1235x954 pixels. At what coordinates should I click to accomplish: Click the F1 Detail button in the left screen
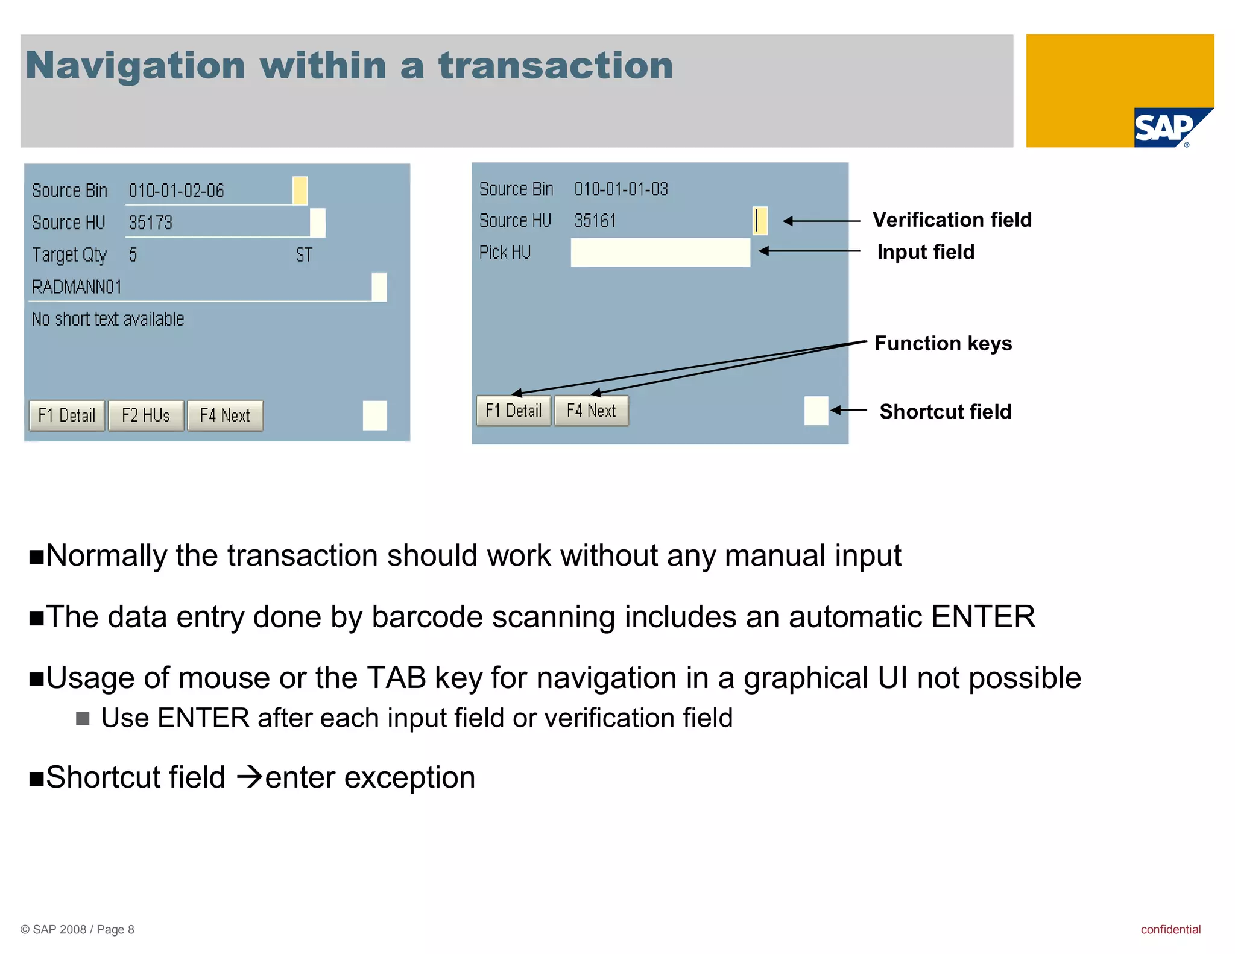pos(67,415)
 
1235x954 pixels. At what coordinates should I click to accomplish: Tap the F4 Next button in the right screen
pos(591,411)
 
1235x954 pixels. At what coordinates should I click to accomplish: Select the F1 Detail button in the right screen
pos(514,411)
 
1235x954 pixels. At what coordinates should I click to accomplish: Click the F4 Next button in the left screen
pos(225,415)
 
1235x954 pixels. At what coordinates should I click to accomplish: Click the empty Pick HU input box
pos(660,252)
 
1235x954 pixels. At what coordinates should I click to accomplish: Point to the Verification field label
pos(952,220)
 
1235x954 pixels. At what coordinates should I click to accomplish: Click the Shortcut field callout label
pos(945,411)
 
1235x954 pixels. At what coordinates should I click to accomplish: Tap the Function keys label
pos(943,343)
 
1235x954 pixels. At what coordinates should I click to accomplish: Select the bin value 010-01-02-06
pos(176,191)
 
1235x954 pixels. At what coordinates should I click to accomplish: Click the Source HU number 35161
pos(595,221)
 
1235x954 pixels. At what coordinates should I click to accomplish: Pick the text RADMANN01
pos(77,286)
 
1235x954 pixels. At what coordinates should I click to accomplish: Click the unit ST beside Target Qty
pos(304,255)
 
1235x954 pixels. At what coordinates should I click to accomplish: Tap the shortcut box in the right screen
pos(816,411)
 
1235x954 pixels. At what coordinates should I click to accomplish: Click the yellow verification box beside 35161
pos(760,221)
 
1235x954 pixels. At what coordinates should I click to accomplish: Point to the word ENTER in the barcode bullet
pos(983,617)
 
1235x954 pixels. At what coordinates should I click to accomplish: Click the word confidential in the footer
pos(1170,929)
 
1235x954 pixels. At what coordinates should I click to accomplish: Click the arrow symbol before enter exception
pos(249,777)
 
